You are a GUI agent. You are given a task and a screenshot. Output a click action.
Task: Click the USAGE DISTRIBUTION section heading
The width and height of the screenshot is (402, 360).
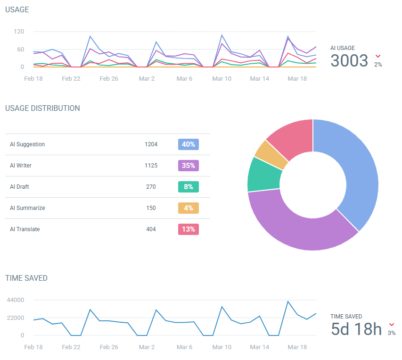pos(42,108)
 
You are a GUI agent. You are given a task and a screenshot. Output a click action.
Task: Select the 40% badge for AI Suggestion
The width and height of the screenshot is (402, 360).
pos(189,144)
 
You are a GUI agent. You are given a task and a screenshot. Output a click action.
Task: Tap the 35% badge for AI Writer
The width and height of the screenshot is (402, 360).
pos(189,166)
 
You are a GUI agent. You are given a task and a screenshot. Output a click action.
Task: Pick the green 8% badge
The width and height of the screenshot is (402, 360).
pos(189,187)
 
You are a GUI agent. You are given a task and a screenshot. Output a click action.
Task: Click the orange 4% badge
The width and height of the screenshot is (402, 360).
pos(189,208)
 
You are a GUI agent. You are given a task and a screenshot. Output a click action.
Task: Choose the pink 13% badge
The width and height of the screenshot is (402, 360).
pos(189,229)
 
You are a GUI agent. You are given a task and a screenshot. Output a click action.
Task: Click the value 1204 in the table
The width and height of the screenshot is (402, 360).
pos(151,144)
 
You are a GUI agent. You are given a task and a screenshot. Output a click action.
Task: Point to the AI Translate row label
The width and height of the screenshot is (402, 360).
pos(25,229)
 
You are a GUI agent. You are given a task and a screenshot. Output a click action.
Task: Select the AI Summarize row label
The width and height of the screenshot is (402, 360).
pos(27,208)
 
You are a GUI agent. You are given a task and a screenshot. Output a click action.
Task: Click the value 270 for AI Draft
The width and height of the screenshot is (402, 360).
pos(151,187)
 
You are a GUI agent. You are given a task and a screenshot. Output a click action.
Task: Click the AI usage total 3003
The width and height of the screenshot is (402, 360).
pos(349,61)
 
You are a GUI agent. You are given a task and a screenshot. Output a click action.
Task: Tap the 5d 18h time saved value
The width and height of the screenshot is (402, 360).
pos(356,329)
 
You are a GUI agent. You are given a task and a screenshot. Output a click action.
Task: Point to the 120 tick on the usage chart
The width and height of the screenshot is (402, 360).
pos(19,32)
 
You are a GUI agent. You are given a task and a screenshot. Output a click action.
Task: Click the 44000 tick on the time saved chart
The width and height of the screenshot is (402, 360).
pos(15,300)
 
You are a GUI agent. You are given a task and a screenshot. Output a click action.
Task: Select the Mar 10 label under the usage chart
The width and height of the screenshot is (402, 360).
pos(222,79)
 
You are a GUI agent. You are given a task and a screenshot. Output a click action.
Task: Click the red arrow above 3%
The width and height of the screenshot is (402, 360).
pos(392,325)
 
